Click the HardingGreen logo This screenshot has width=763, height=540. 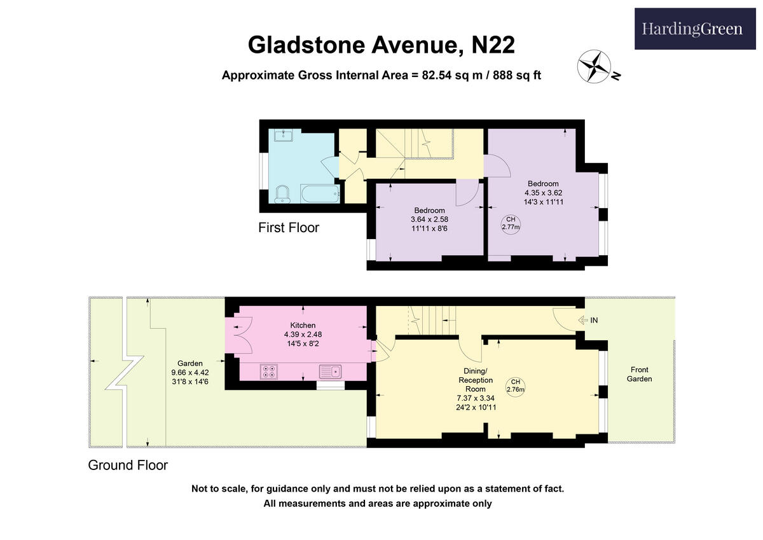tap(692, 29)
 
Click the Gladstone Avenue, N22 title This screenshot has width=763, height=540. tap(381, 45)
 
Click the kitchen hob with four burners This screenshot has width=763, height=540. tap(268, 371)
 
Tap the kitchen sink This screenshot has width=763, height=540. tap(331, 371)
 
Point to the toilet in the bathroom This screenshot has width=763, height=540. tap(282, 194)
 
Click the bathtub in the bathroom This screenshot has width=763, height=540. tap(320, 193)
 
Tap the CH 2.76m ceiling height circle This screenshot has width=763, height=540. tap(515, 386)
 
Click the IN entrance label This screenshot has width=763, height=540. tap(594, 321)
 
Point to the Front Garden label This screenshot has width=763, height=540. tap(639, 374)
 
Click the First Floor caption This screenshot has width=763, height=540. tap(289, 228)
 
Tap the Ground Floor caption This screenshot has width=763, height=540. tap(128, 465)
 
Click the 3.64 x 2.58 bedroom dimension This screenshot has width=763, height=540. tap(429, 219)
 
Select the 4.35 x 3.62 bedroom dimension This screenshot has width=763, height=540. tap(543, 193)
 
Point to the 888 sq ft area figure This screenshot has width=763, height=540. tap(516, 75)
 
